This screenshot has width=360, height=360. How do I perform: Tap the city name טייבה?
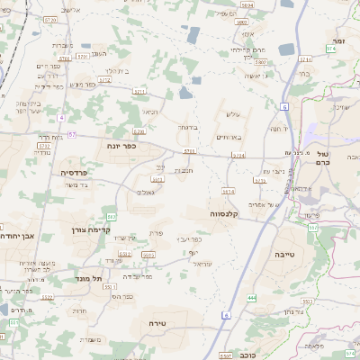tap(285, 255)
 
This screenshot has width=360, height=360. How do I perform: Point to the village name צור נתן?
tap(292, 311)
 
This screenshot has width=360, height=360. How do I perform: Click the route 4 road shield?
tap(61, 117)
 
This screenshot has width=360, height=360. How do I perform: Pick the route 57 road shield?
tap(72, 134)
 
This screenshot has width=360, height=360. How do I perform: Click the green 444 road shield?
tap(251, 297)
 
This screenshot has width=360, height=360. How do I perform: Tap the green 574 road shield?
tap(331, 49)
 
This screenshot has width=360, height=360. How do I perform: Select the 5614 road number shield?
tap(228, 191)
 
